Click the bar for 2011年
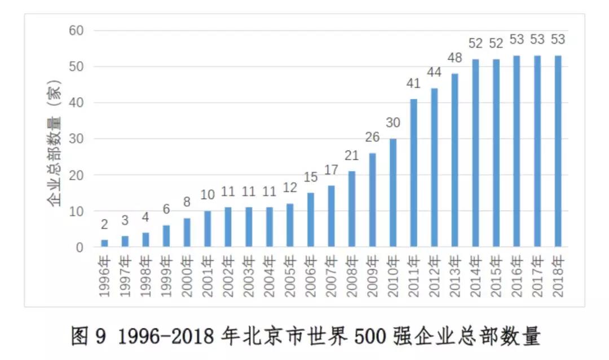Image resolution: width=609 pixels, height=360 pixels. [x=413, y=173]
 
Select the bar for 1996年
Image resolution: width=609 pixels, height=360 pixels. [x=104, y=243]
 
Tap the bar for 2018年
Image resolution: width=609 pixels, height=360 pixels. [x=558, y=151]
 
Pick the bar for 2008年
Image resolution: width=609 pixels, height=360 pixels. [x=352, y=209]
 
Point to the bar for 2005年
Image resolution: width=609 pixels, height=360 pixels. [x=290, y=225]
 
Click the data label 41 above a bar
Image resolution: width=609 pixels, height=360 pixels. [x=413, y=85]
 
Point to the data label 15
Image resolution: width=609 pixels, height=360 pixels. [x=310, y=178]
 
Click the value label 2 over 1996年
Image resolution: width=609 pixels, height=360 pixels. [x=104, y=225]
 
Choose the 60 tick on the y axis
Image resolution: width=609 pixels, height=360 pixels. [x=76, y=30]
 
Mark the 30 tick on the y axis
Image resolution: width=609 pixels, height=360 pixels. [x=76, y=139]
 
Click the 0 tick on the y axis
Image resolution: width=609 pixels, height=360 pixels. [x=80, y=247]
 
